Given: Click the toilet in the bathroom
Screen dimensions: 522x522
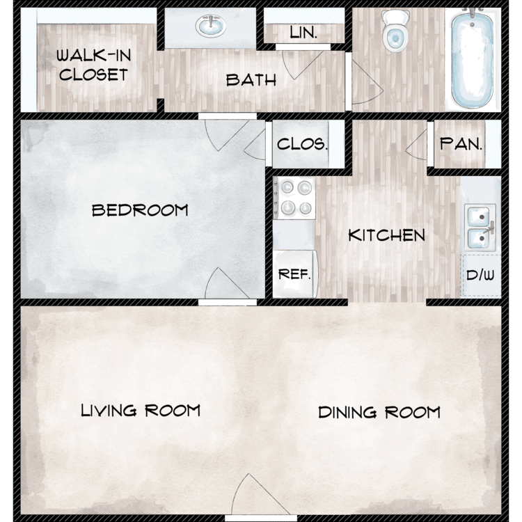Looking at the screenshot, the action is [395, 31].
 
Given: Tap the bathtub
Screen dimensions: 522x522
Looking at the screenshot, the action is [473, 58].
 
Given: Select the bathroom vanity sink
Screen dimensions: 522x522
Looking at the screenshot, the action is [211, 26].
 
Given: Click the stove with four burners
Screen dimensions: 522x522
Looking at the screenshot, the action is [294, 198].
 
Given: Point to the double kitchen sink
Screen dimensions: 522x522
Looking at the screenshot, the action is [480, 228].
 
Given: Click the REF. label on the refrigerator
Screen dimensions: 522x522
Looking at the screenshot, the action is [294, 274].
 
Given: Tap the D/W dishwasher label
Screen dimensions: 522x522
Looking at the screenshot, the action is [480, 275].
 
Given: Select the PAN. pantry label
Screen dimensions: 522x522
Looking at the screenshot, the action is [461, 144].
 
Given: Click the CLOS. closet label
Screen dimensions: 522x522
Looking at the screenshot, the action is [302, 144].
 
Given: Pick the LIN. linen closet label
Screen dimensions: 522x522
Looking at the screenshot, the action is [303, 32].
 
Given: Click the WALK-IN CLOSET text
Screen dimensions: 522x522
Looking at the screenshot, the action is [93, 65].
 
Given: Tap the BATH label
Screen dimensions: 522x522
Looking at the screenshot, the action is [251, 80].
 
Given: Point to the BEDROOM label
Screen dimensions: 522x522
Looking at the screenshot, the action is [140, 210].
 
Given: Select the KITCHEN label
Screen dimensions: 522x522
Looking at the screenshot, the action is [386, 235].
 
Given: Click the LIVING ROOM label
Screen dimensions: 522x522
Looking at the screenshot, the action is [141, 411].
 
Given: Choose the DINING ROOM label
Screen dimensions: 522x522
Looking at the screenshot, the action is [379, 412].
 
